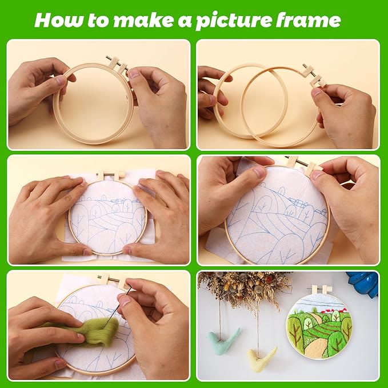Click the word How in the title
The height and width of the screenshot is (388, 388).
[55, 21]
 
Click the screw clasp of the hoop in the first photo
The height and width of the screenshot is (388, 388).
[118, 64]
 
